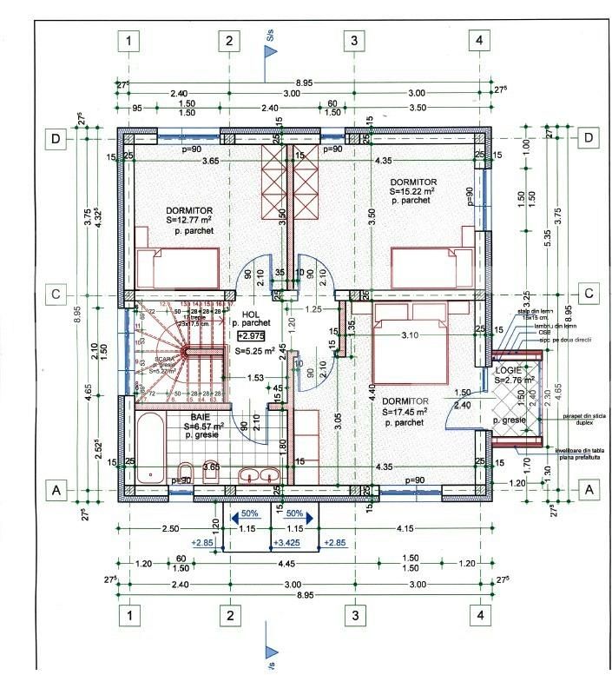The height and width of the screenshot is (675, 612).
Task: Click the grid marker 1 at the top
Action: click(x=129, y=40)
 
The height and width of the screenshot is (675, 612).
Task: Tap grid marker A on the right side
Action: click(x=589, y=490)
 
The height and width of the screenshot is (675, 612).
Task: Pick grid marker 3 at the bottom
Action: click(x=353, y=615)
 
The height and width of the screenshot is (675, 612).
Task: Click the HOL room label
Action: click(x=251, y=314)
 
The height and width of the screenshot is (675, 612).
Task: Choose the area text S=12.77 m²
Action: click(x=189, y=221)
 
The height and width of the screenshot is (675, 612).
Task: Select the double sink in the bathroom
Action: click(x=259, y=475)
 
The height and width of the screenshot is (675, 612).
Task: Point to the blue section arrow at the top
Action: click(x=270, y=51)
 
